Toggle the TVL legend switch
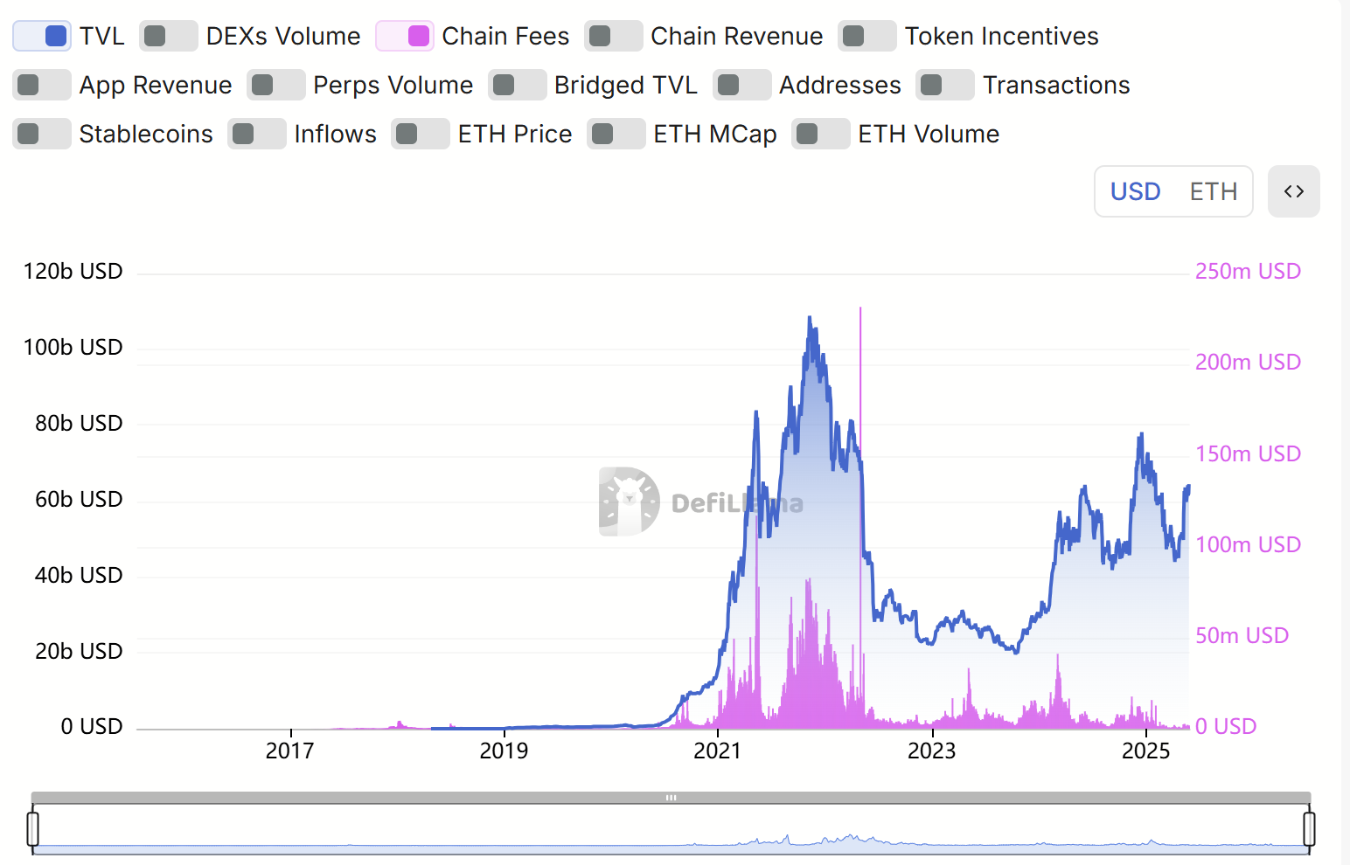point(42,36)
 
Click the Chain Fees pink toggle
point(405,36)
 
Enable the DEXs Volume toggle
point(168,36)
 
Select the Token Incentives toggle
point(866,36)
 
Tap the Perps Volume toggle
point(275,85)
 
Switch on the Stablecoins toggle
point(41,134)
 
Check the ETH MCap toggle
point(616,134)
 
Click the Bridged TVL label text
point(625,85)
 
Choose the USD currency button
point(1135,191)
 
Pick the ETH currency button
point(1213,191)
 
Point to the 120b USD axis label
point(73,271)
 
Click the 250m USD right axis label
point(1248,271)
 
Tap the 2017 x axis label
point(289,751)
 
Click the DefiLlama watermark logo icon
point(629,502)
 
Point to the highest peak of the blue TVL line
point(810,318)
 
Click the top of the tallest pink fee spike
point(860,308)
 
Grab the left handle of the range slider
point(33,828)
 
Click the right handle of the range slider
point(1309,828)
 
